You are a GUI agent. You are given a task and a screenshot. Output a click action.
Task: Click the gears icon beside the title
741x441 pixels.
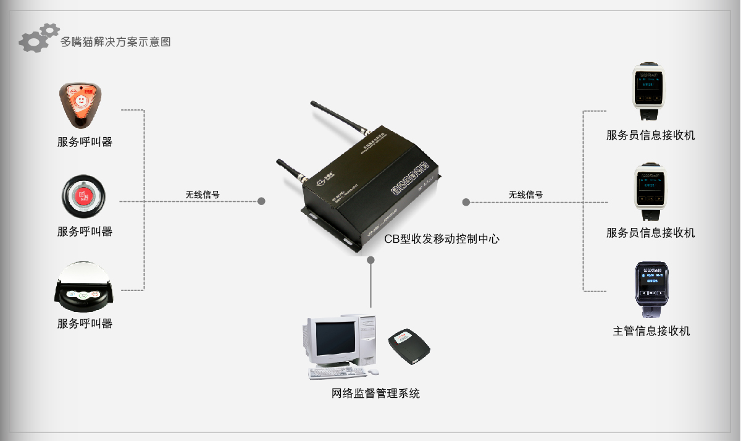click(x=39, y=38)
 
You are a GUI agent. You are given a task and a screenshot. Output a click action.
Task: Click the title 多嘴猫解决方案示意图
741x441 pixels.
click(x=115, y=42)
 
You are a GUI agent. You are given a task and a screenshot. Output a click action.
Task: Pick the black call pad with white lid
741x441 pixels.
click(x=85, y=288)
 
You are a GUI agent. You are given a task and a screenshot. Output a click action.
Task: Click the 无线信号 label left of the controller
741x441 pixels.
click(x=203, y=194)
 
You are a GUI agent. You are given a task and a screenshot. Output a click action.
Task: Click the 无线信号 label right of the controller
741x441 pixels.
click(x=525, y=194)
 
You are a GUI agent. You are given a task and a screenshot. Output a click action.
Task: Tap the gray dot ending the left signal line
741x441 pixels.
click(x=261, y=201)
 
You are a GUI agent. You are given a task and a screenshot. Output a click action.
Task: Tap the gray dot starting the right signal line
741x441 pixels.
click(x=466, y=202)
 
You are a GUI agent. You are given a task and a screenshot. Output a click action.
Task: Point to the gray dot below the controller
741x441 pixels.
click(x=371, y=260)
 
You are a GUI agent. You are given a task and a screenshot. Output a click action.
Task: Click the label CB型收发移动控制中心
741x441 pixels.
click(x=442, y=238)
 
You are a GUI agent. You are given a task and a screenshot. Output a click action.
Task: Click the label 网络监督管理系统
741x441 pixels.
click(x=375, y=393)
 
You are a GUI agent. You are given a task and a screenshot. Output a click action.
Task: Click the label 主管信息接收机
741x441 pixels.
click(x=651, y=331)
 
